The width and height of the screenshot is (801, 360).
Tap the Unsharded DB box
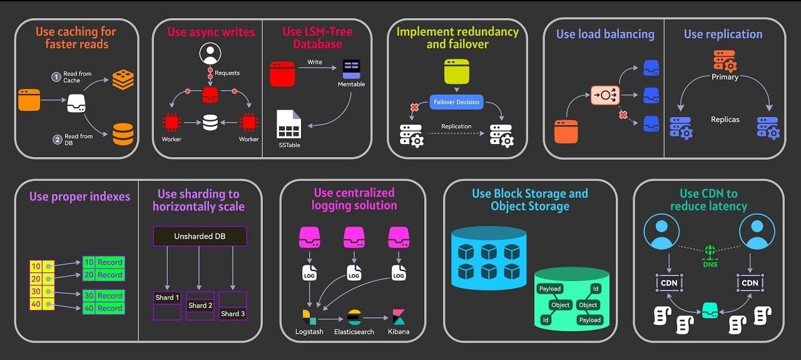pos(200,236)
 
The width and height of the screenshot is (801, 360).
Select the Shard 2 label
pos(201,306)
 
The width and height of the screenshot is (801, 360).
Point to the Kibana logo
pos(399,317)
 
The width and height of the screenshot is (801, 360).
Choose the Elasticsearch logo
pos(354,317)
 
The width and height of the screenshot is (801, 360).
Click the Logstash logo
pos(309,317)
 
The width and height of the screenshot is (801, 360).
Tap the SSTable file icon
pos(288,124)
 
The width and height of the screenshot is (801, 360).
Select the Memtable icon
pos(351,68)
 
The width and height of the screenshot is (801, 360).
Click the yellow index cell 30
pos(36,291)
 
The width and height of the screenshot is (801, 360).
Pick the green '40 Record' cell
pos(103,308)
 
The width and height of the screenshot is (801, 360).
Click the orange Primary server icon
pos(725,61)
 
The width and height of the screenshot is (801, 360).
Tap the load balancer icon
pos(605,95)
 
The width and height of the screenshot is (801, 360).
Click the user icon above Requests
pos(210,54)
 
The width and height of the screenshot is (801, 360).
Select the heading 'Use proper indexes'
pos(79,197)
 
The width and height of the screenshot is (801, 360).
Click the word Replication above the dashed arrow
pos(456,126)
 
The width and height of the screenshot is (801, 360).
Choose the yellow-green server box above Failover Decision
pos(456,71)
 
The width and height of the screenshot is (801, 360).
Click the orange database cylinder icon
pos(123,134)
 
